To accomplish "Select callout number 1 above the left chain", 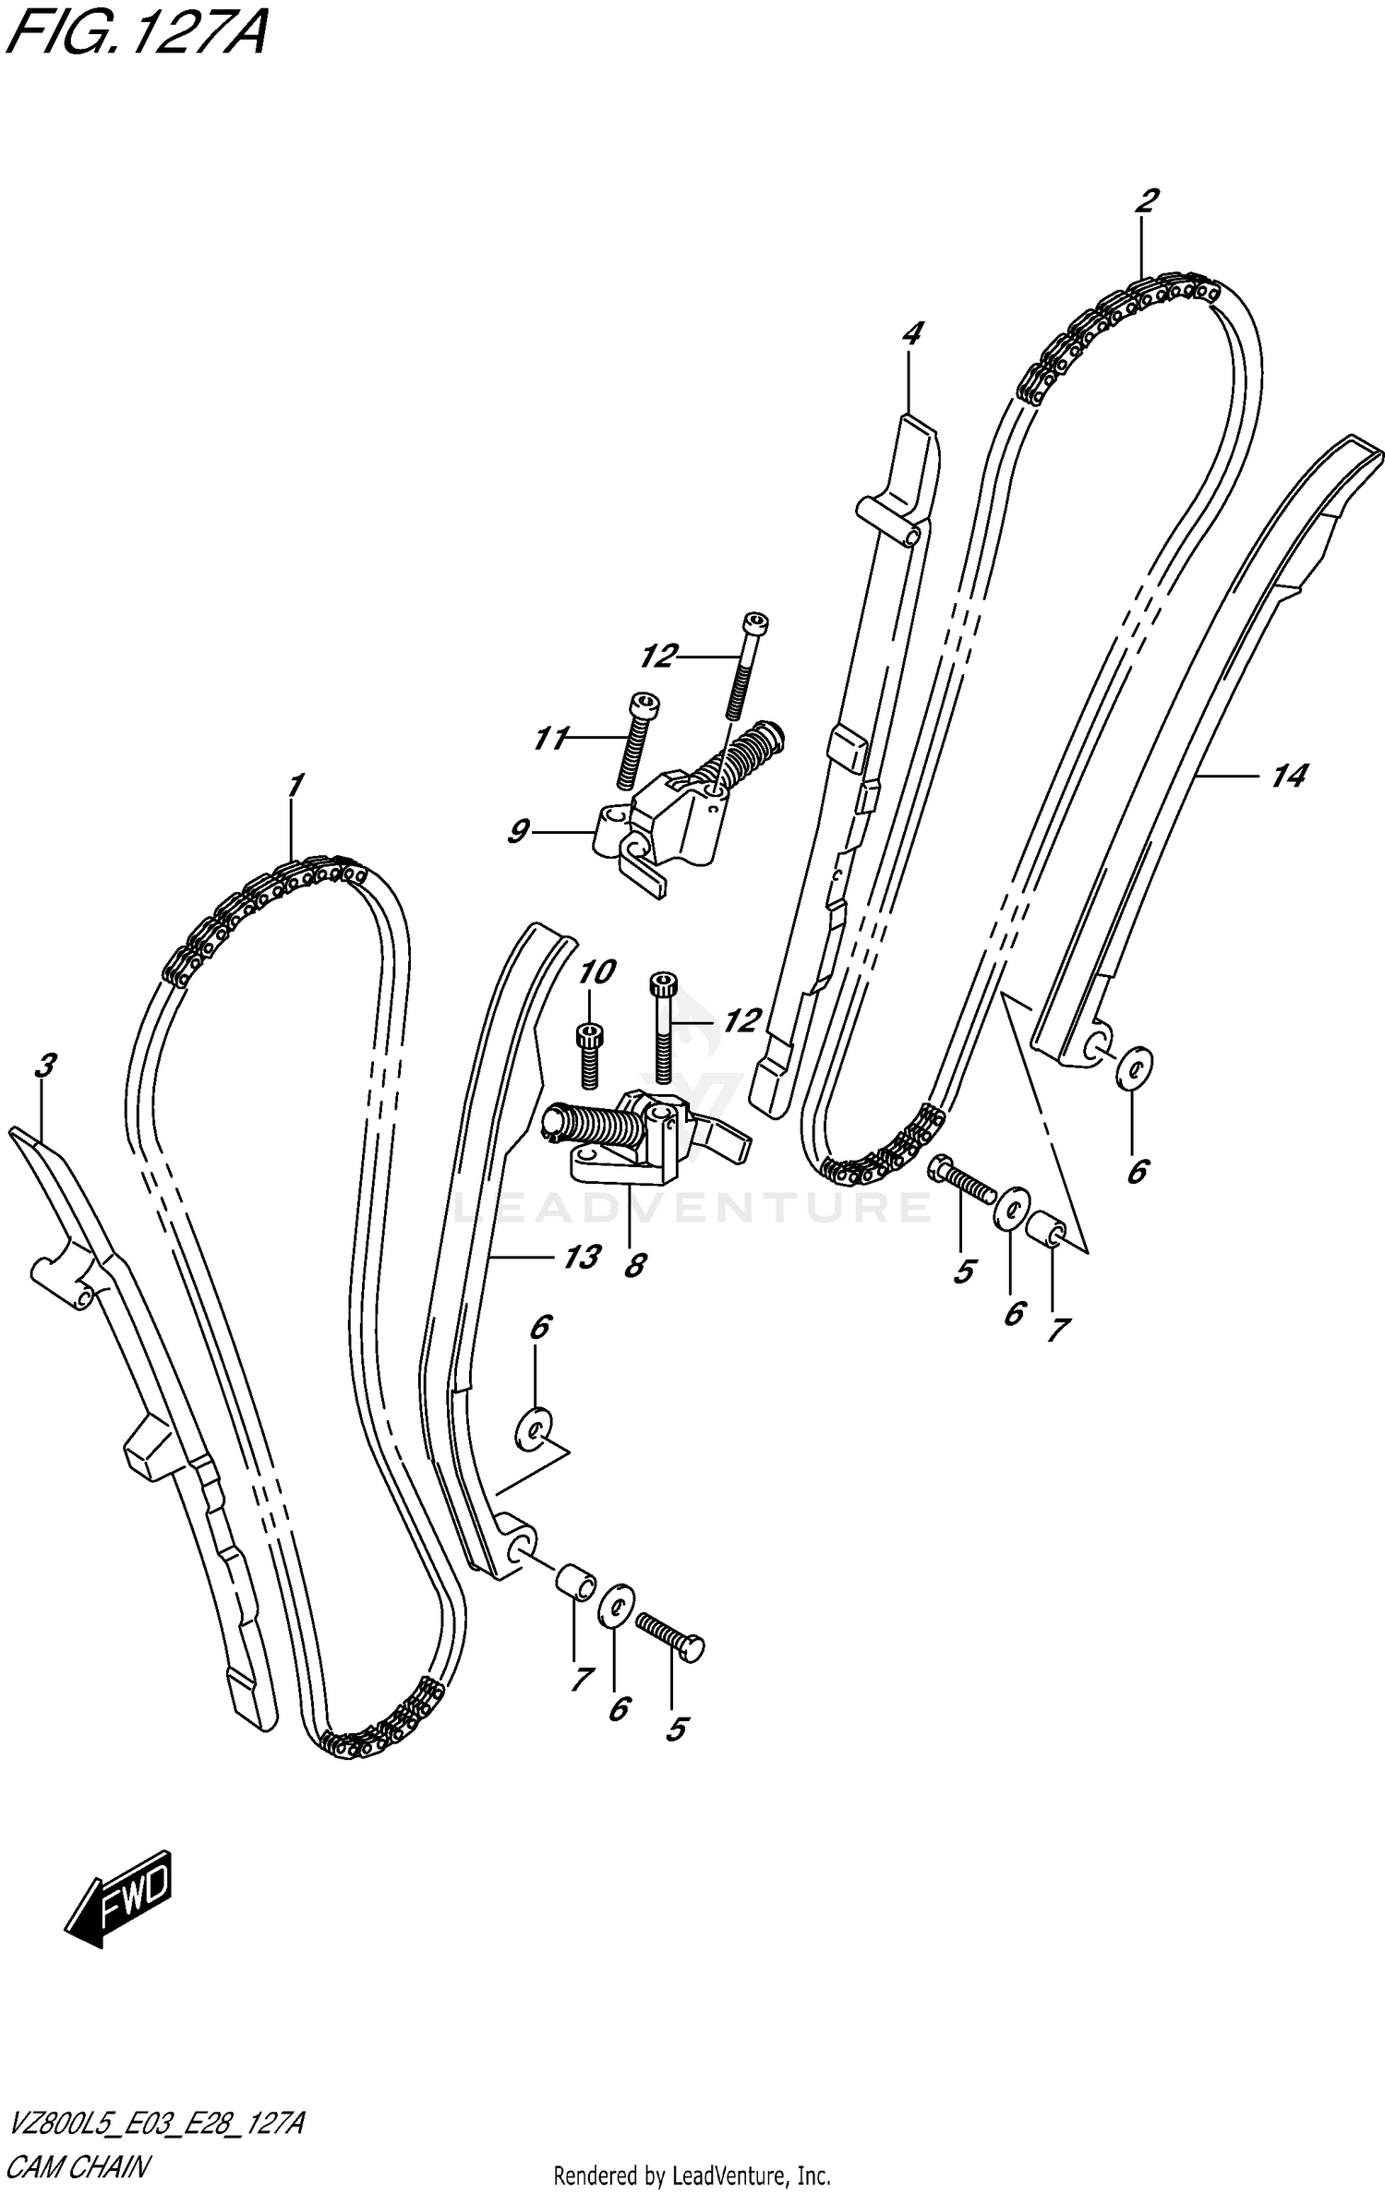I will pyautogui.click(x=294, y=788).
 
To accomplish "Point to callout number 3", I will pyautogui.click(x=43, y=1066).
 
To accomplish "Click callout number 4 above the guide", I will pyautogui.click(x=911, y=333).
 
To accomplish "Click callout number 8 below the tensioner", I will pyautogui.click(x=633, y=1265).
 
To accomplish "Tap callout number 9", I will pyautogui.click(x=518, y=832).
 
